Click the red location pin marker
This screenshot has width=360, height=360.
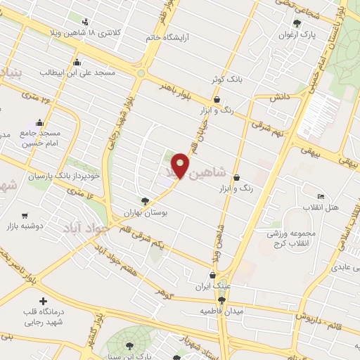pyautogui.click(x=181, y=165)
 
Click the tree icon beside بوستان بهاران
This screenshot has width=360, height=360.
pyautogui.click(x=145, y=200)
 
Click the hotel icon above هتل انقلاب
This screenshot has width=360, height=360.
pyautogui.click(x=321, y=196)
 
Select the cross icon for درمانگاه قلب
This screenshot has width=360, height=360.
pyautogui.click(x=44, y=301)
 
